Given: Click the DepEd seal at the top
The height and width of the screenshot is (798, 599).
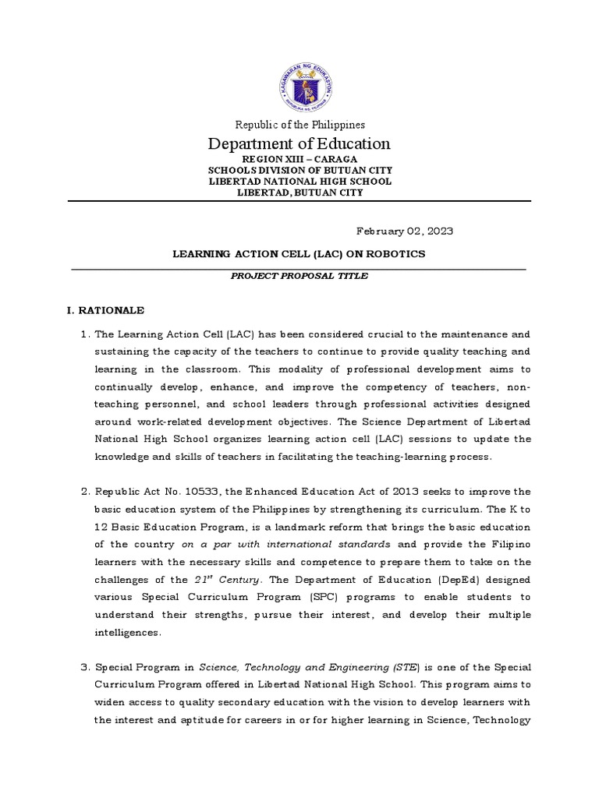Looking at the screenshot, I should point(299,83).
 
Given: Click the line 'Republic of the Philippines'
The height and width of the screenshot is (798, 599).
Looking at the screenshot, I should point(299,125).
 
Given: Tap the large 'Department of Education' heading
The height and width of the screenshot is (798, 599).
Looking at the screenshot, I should point(299,144).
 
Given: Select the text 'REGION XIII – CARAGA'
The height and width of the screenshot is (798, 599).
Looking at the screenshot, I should point(299,159).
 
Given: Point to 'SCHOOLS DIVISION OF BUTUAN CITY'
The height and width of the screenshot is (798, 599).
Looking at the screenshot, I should point(299,170).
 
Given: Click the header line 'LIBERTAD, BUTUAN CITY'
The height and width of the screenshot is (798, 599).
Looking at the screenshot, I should point(299,192).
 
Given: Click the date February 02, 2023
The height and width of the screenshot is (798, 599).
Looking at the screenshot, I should point(404,231).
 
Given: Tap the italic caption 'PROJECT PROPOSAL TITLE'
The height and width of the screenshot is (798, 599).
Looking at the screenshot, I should point(299,276).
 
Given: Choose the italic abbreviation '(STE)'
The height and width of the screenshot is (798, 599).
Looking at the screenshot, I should point(406,668).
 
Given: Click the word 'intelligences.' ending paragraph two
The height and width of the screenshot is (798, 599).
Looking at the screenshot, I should point(128,633).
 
